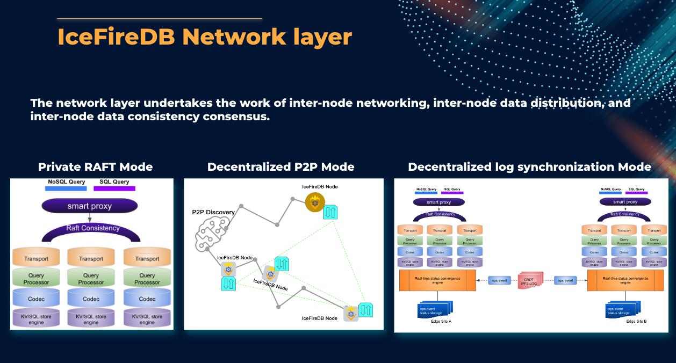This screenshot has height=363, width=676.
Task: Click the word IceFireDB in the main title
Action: [117, 37]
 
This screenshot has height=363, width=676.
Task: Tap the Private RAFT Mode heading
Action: [95, 167]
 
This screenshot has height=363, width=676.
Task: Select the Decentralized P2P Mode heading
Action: [281, 167]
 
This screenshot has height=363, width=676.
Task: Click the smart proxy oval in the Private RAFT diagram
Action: [90, 206]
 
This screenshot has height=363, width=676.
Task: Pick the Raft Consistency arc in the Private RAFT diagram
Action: [92, 230]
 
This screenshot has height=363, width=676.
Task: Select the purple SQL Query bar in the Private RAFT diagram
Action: [114, 188]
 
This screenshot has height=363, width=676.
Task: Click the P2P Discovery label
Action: [213, 212]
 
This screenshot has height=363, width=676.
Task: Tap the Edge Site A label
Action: [441, 321]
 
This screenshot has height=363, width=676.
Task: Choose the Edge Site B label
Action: [636, 321]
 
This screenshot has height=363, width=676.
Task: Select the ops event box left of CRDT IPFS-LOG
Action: [499, 281]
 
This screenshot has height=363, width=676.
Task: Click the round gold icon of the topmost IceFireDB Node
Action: [315, 202]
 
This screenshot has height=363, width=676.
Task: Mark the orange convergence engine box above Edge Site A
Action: [437, 280]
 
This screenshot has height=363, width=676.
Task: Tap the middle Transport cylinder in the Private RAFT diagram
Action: [91, 258]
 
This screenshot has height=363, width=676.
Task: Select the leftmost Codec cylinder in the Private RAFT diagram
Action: [36, 299]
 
